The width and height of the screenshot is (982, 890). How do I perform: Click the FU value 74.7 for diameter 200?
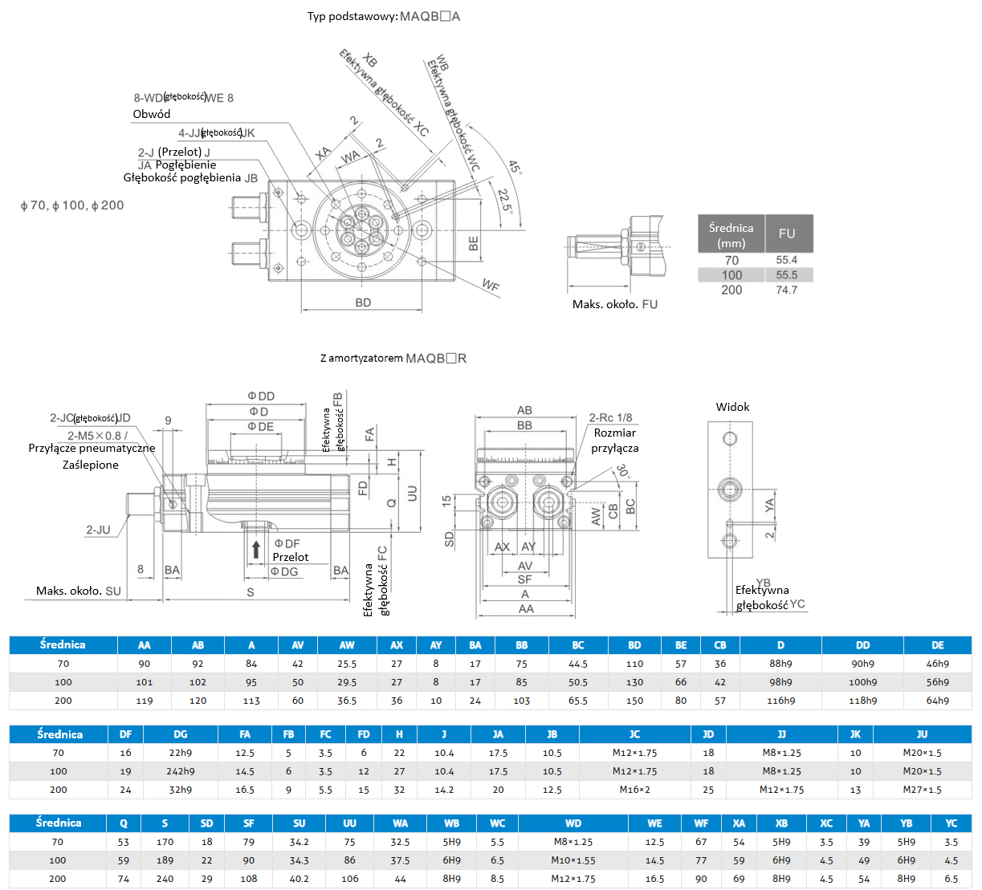pos(786,291)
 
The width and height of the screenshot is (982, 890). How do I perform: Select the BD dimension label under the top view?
pos(363,303)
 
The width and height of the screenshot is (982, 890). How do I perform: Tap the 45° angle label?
pos(515,167)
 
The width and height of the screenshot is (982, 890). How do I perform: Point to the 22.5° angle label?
pos(505,201)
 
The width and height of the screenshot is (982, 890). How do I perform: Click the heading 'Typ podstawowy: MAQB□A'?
pos(383,16)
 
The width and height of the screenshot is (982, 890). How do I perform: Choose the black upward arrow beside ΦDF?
pos(255,550)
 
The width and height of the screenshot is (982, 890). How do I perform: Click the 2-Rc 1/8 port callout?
pos(610,417)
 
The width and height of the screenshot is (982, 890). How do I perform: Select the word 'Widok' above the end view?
pos(732,407)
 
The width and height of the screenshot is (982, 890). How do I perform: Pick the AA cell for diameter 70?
pos(145,664)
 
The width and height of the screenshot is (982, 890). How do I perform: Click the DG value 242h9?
pos(180,771)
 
